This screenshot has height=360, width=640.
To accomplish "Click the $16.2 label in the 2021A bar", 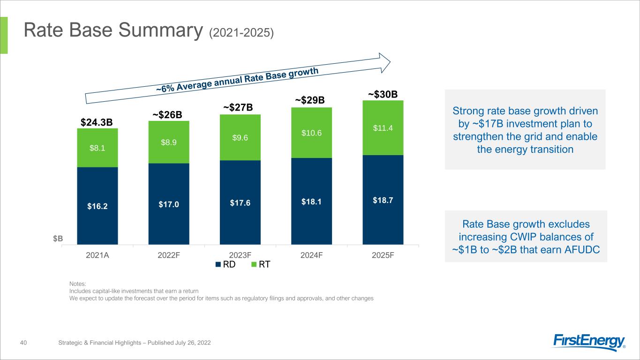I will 98,205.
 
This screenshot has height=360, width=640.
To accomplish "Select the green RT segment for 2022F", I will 169,142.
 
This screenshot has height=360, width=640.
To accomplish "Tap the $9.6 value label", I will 240,138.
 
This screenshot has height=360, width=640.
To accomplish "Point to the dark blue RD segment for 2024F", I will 311,201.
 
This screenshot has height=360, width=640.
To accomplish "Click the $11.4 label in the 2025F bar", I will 383,128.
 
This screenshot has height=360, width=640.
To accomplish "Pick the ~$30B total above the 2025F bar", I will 383,95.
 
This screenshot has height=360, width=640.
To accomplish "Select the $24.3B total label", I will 97,122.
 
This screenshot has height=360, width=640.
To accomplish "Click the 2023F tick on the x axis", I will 240,255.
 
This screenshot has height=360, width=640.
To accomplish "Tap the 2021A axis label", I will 98,255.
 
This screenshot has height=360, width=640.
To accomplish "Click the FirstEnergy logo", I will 589,342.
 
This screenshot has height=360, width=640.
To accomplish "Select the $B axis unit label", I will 58,239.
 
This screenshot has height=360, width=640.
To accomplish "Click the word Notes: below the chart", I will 77,284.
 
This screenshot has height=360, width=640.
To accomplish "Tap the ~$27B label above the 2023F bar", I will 238,107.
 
